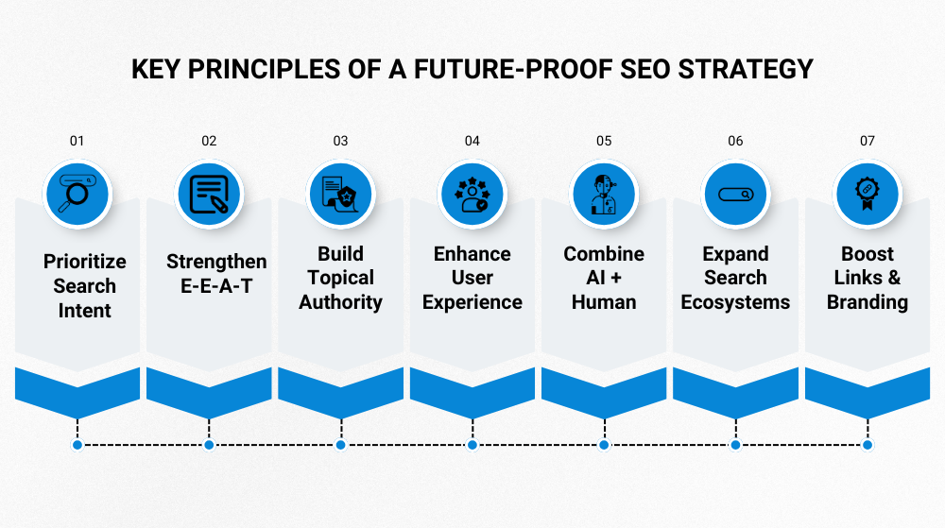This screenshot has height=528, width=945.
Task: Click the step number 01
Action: coord(77,141)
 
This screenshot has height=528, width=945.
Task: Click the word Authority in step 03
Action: coord(340,302)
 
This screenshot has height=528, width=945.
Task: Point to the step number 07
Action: coord(868,141)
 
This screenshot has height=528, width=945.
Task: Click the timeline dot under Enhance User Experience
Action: coord(472,445)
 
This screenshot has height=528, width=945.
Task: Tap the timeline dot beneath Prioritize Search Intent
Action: coord(77,445)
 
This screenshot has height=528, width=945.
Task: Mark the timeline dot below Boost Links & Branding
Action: coord(868,445)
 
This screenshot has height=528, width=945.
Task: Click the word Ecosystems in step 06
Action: coord(735,302)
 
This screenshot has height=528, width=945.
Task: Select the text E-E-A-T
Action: coord(216,286)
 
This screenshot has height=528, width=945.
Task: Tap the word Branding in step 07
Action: coord(868,302)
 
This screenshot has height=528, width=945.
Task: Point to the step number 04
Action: coord(472,141)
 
